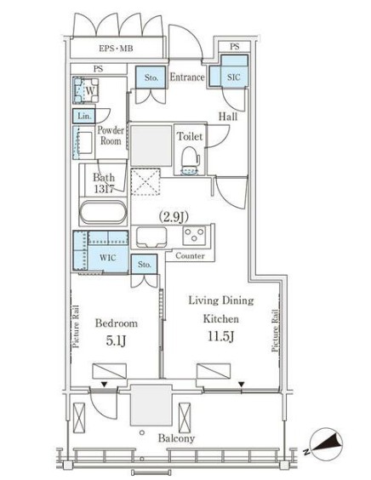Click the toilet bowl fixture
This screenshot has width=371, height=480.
click(x=190, y=160)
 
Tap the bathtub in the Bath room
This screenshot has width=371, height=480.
click(x=103, y=212)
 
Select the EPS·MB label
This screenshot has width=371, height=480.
click(x=116, y=49)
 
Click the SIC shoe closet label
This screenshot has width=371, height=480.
click(x=233, y=77)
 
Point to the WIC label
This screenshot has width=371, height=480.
click(x=108, y=258)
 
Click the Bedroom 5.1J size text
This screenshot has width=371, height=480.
click(x=116, y=340)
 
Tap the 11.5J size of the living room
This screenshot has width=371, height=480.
click(x=221, y=336)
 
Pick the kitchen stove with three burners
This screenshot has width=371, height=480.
click(x=194, y=236)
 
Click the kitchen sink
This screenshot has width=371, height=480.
click(x=151, y=237)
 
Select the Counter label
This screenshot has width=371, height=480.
click(x=190, y=255)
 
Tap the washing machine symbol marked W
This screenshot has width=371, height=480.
click(x=86, y=90)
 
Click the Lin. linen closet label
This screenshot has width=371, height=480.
click(x=84, y=117)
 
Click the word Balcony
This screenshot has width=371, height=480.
click(x=176, y=438)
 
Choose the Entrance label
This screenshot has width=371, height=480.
click(x=187, y=77)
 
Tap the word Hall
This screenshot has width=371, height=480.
click(x=228, y=117)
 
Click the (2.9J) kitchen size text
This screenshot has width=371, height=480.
click(x=174, y=217)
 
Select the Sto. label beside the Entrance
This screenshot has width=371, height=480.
click(x=151, y=77)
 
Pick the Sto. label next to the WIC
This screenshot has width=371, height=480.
click(x=144, y=264)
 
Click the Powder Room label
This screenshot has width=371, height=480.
click(x=111, y=135)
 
